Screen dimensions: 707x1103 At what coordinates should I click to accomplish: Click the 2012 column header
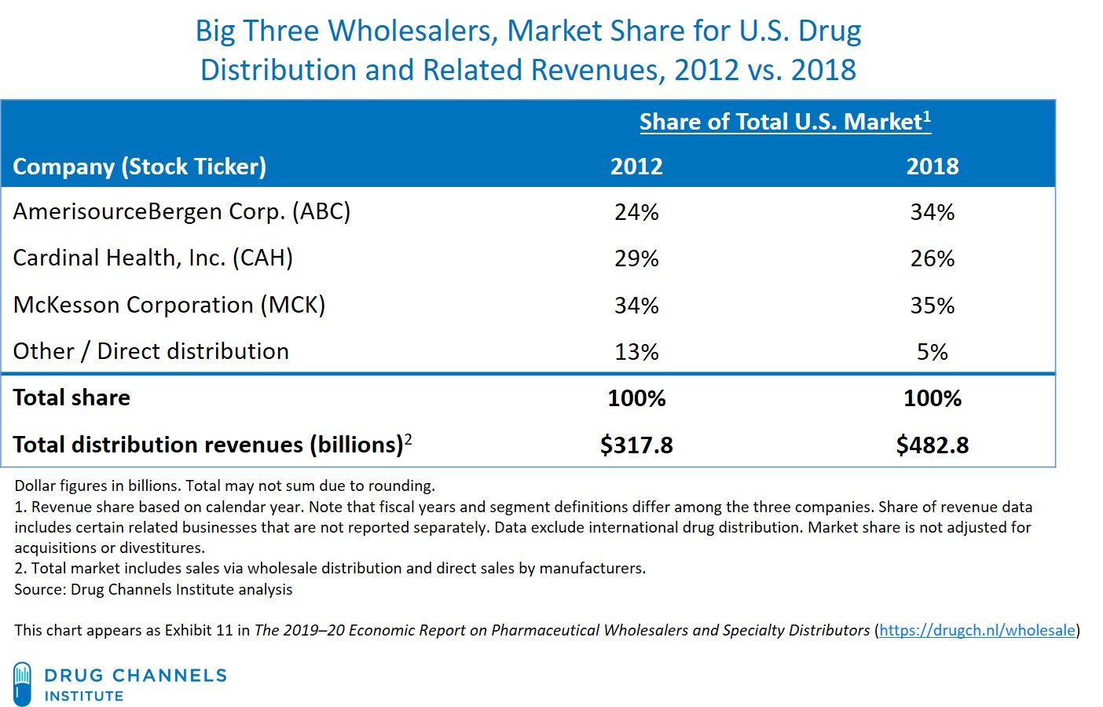coord(636,167)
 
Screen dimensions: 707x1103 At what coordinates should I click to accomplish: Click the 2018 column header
coord(932,167)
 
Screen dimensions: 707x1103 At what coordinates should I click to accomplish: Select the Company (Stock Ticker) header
coord(140,167)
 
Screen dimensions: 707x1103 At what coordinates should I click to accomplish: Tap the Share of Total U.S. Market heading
coord(784,122)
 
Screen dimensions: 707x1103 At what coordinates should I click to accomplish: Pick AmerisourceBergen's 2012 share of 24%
coord(636,212)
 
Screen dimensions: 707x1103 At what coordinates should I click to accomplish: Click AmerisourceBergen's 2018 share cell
coord(932,212)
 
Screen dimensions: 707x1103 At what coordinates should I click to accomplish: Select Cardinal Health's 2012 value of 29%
coord(636,258)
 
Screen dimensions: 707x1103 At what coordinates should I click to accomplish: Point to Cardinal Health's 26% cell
coord(932,258)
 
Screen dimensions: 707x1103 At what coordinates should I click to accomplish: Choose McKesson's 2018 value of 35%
coord(932,306)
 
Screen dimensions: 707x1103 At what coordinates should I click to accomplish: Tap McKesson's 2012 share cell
coord(636,306)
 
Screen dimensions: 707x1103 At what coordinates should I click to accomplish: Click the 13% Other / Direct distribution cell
coord(636,352)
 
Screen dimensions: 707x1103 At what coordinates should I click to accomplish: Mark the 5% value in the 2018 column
coord(932,352)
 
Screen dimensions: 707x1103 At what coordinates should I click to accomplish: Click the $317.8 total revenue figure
coord(636,445)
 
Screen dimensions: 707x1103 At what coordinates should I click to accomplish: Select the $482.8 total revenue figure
coord(932,445)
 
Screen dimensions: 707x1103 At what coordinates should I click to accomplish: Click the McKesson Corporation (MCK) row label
coord(169,305)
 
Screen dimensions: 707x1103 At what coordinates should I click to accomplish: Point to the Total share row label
coord(71,397)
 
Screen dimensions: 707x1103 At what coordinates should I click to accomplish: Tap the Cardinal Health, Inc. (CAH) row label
coord(152,258)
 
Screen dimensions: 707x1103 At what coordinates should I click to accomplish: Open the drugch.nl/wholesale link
coord(977,630)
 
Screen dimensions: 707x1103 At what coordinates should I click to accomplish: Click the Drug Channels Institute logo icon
coord(23,683)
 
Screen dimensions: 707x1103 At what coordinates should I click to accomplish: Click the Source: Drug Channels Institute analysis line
coord(153,589)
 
